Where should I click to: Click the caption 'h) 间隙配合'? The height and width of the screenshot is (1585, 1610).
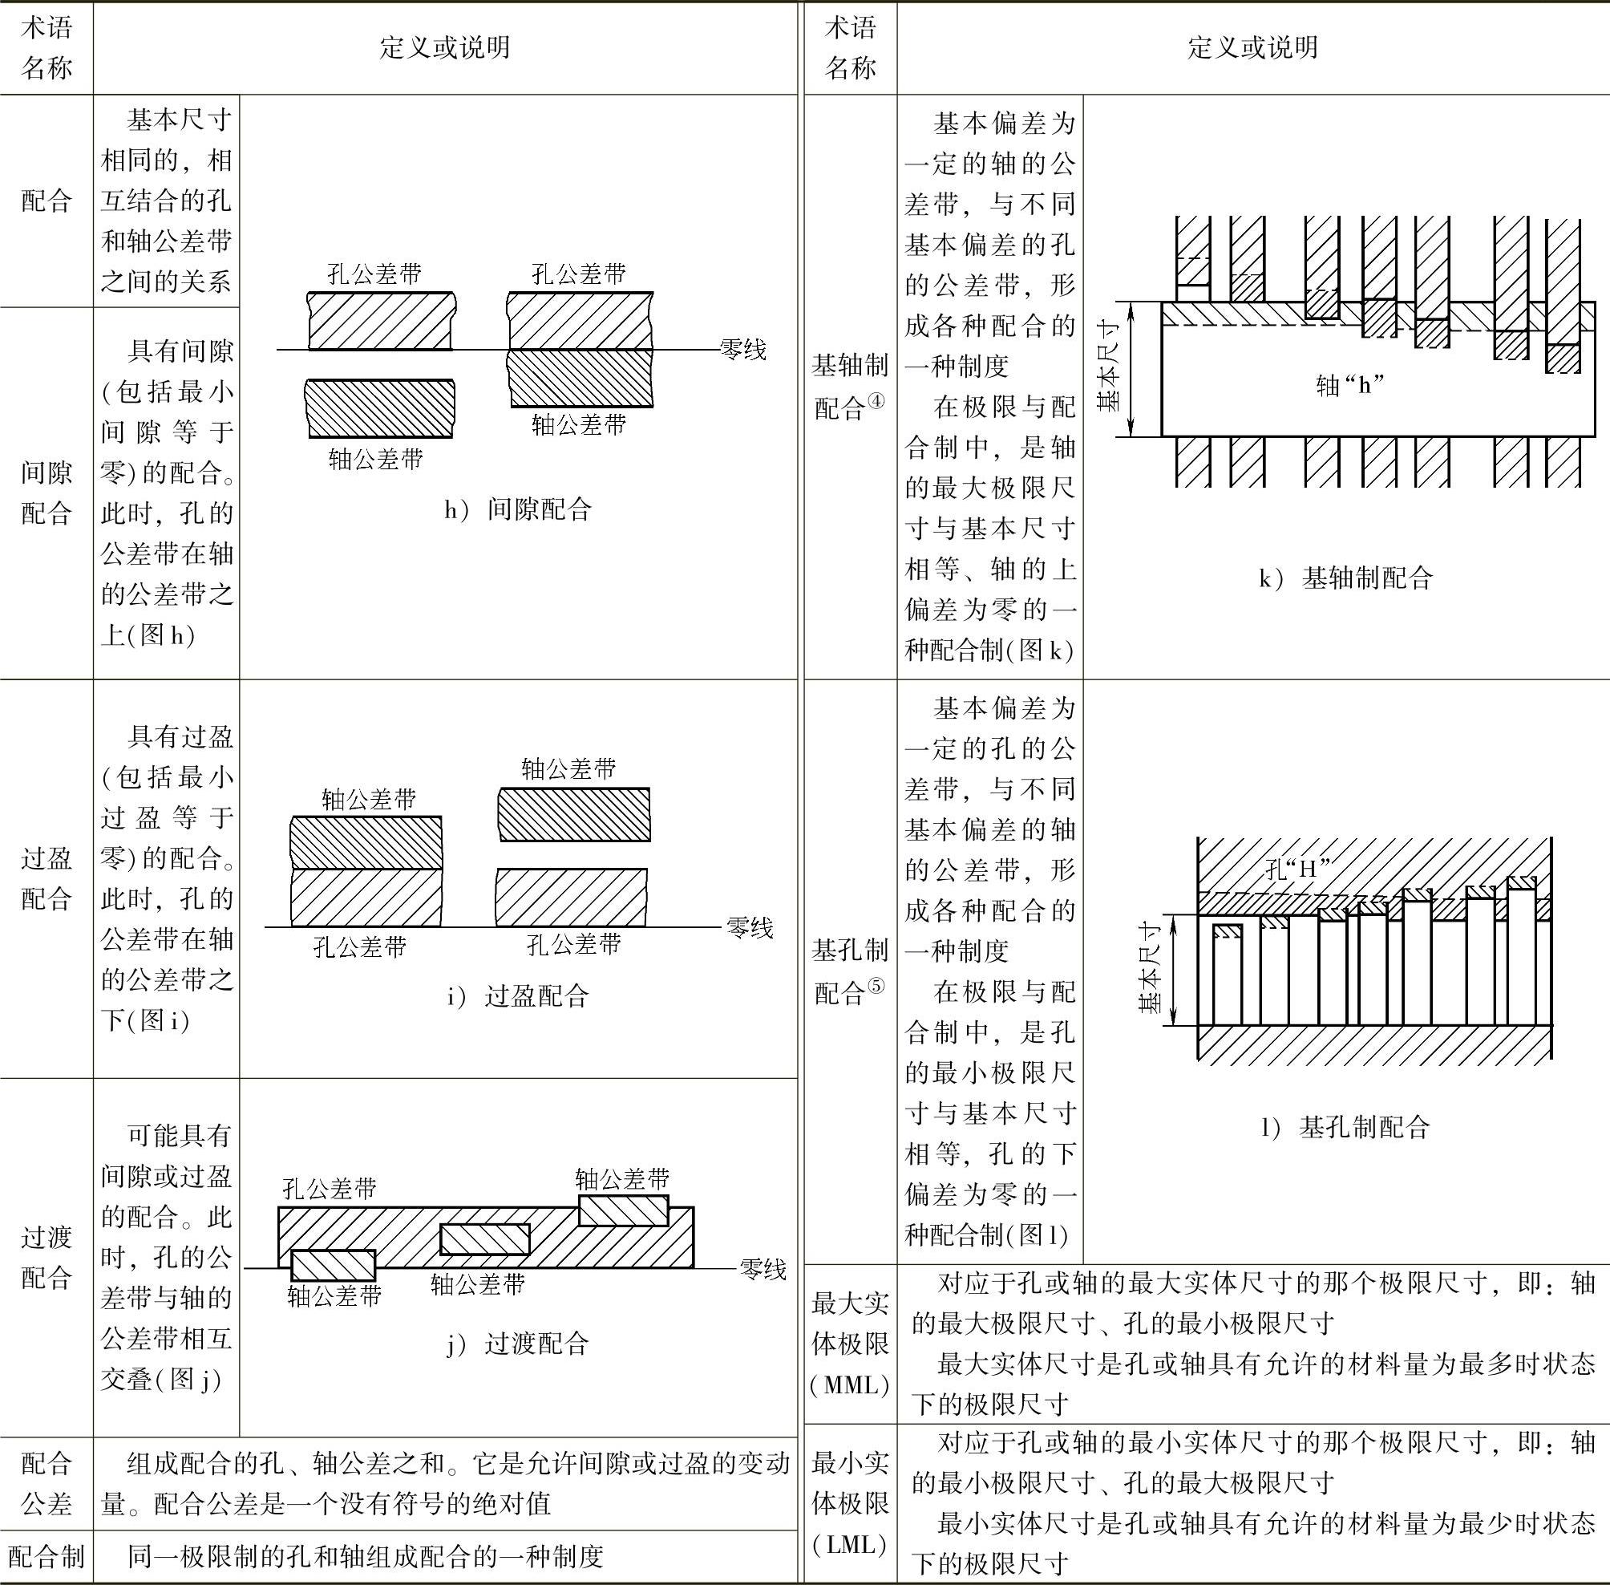click(516, 509)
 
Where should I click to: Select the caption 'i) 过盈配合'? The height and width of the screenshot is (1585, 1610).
click(516, 995)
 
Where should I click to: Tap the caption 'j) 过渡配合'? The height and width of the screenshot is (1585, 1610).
click(516, 1343)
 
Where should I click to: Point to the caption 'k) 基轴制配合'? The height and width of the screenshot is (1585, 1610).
click(1345, 578)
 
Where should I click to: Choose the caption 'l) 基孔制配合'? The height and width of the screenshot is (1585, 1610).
click(1345, 1127)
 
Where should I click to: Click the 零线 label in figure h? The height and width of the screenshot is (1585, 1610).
click(742, 350)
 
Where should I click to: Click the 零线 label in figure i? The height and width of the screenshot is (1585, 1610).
click(749, 927)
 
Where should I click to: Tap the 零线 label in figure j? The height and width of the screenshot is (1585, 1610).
click(763, 1270)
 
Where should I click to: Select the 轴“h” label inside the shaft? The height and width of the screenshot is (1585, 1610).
click(1349, 384)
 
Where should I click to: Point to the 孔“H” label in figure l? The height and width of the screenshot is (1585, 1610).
click(1296, 869)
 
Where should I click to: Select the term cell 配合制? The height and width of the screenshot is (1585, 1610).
click(47, 1556)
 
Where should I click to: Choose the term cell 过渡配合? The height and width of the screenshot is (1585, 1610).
click(47, 1257)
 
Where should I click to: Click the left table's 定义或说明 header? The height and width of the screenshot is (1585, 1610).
click(444, 47)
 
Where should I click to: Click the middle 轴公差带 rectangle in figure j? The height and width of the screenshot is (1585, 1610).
click(484, 1239)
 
